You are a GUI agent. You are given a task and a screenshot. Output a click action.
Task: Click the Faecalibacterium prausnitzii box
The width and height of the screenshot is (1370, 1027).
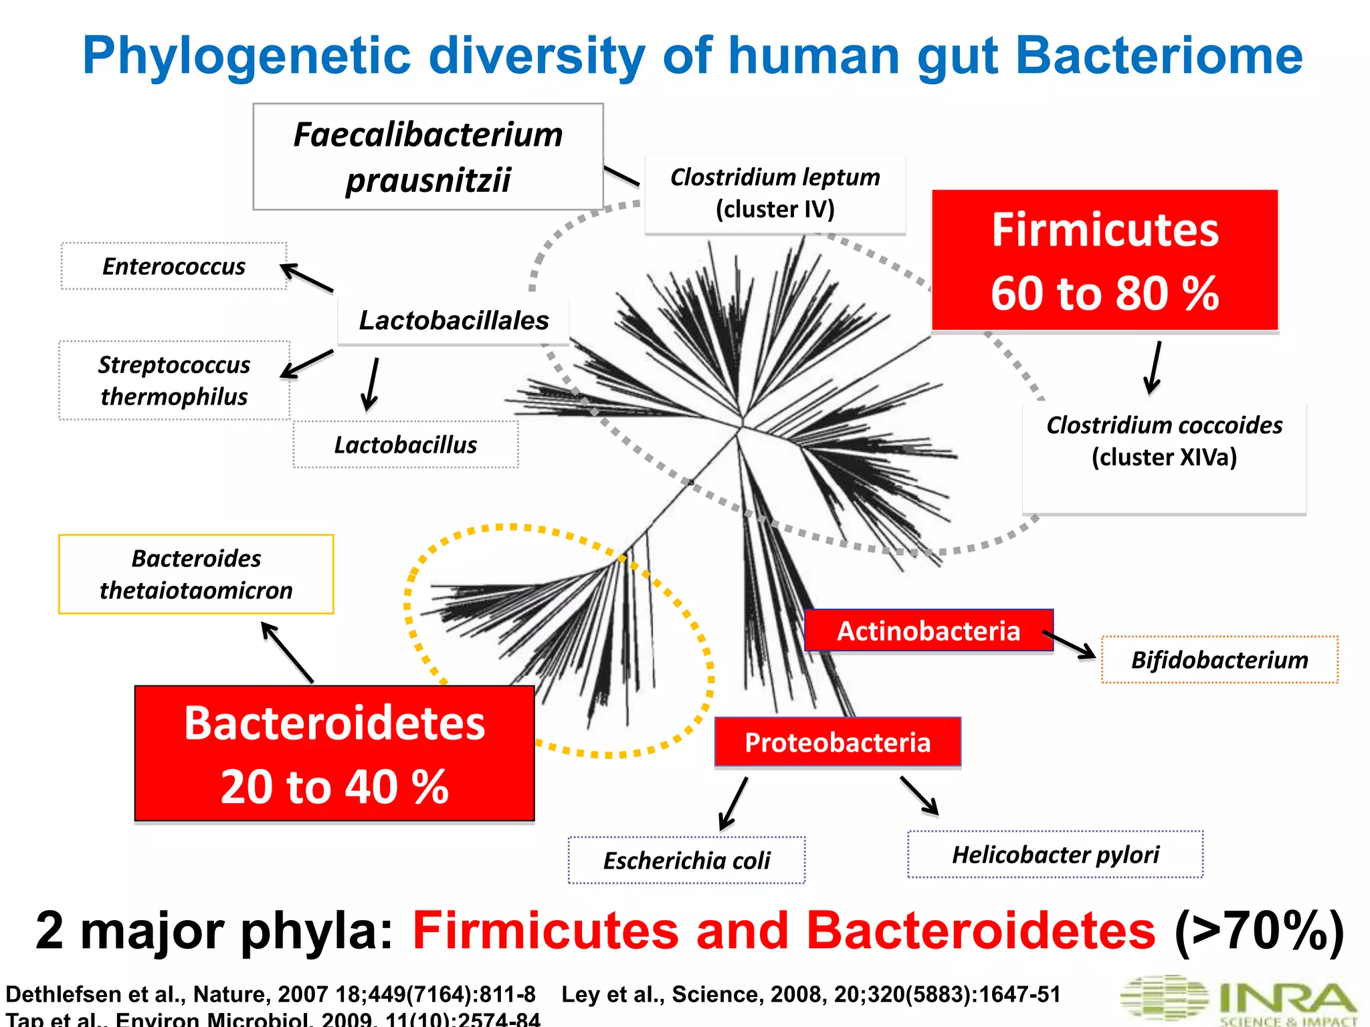click(x=428, y=156)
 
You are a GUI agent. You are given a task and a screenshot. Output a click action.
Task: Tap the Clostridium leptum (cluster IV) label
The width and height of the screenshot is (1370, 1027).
click(x=775, y=193)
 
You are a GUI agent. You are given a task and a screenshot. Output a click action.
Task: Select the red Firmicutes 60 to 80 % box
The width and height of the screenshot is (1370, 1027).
click(x=1104, y=260)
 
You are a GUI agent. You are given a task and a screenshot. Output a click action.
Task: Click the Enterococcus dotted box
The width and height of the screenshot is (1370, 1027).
click(x=174, y=266)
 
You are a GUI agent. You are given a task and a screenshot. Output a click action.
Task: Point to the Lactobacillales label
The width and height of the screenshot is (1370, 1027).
click(x=454, y=320)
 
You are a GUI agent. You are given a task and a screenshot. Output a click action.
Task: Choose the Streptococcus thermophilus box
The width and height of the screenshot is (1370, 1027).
click(x=174, y=380)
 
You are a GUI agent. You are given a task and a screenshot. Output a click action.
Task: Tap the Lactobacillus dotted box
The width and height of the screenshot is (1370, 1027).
click(x=405, y=445)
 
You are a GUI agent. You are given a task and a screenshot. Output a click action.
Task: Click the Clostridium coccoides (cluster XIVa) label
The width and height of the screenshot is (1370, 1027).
click(x=1164, y=442)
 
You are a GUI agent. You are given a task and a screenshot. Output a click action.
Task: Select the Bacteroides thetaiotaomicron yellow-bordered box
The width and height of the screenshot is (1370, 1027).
click(x=196, y=574)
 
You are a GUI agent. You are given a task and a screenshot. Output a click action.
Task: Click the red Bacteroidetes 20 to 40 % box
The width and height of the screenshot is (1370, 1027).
click(x=334, y=754)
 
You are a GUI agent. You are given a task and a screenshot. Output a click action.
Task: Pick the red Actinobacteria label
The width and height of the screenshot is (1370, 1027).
click(x=928, y=631)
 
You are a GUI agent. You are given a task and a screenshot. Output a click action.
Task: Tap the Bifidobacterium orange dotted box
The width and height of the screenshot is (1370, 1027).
click(x=1219, y=660)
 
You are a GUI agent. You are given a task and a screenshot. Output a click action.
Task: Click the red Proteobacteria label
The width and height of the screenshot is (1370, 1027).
click(x=838, y=742)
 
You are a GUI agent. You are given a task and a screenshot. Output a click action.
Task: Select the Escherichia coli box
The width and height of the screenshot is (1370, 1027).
click(x=686, y=861)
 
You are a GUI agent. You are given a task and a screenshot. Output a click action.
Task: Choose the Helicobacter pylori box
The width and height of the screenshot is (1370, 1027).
click(x=1055, y=854)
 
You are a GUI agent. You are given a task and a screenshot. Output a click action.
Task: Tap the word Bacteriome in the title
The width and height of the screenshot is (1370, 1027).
click(x=1159, y=56)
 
